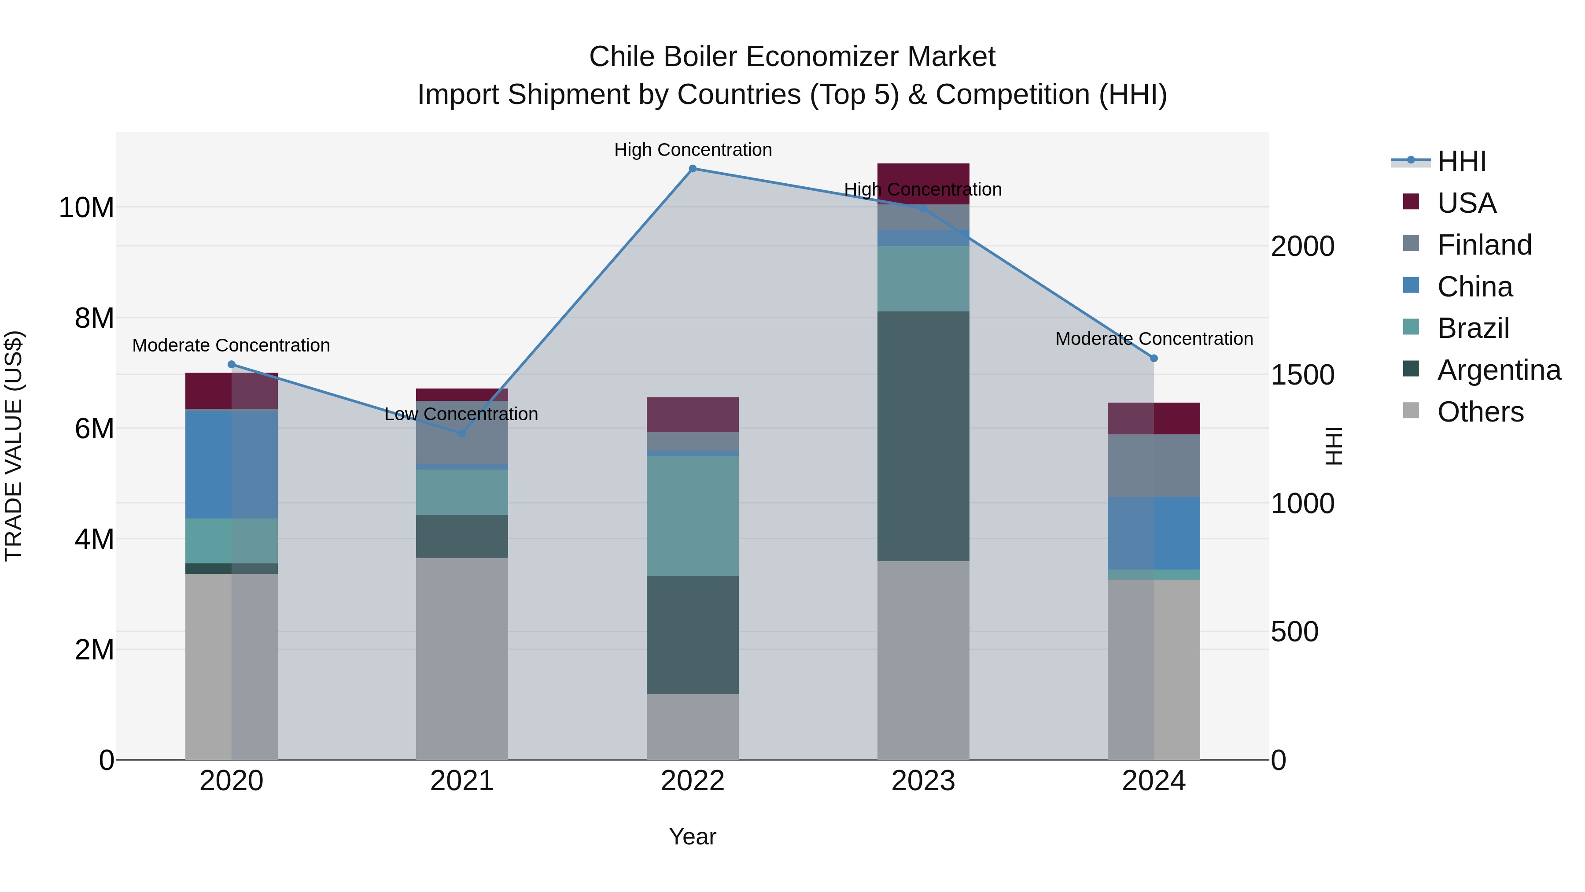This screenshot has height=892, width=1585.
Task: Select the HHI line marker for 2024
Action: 1154,358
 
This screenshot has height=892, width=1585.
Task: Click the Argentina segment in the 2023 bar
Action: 923,436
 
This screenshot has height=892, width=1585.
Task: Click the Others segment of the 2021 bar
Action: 462,659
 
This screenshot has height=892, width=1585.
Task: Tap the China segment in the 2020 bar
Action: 231,464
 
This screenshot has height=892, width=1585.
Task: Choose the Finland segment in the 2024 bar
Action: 1154,466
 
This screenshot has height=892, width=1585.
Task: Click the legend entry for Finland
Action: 1483,245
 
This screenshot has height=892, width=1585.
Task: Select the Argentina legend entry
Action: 1498,370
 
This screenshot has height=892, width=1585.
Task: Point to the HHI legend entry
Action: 1461,161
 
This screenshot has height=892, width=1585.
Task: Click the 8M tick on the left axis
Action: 94,318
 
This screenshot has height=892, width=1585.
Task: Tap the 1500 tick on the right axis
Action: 1302,375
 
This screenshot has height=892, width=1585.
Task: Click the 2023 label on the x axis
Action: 923,781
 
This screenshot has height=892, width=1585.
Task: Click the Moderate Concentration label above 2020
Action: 231,345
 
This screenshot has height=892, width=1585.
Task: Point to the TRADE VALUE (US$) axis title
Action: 14,446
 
